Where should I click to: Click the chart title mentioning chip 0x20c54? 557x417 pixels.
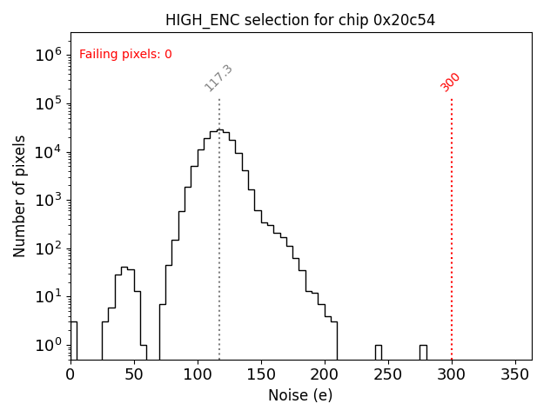tap(301, 20)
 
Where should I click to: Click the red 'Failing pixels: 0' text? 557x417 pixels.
tap(125, 55)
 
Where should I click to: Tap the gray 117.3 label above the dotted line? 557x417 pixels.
tap(218, 78)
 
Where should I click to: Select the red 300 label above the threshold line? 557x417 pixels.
tap(451, 82)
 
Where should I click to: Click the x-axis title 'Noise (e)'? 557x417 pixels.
tap(300, 395)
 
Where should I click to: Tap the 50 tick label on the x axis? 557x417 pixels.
tap(134, 374)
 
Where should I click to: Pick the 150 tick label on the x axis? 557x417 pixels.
tap(261, 374)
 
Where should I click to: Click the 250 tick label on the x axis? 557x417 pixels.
tap(388, 374)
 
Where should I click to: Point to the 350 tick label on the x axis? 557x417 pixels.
tap(515, 374)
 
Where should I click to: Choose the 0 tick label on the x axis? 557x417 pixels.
tap(70, 374)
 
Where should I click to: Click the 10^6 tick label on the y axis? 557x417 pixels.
tap(47, 56)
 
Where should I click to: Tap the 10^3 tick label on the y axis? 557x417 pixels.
tap(47, 201)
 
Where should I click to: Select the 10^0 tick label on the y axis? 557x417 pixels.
tap(47, 346)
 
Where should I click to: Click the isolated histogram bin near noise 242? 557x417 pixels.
tap(379, 352)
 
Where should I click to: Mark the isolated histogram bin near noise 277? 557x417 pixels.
tap(423, 352)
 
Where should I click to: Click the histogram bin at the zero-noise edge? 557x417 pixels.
tap(73, 339)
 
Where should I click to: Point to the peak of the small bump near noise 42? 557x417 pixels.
tap(124, 268)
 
